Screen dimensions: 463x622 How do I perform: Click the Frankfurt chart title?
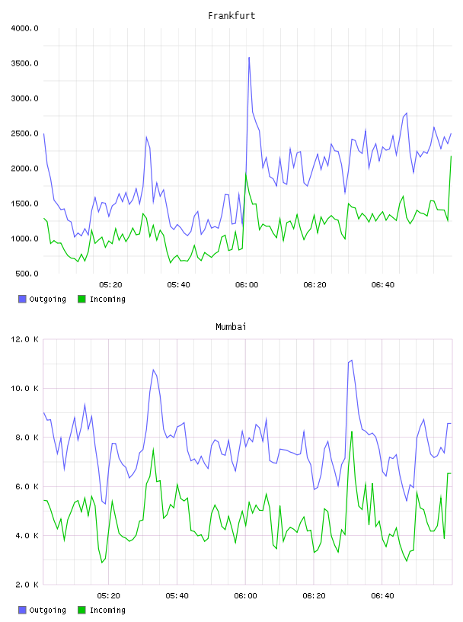point(231,15)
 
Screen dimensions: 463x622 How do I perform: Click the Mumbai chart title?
point(231,326)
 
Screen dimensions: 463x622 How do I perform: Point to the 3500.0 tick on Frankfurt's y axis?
point(24,63)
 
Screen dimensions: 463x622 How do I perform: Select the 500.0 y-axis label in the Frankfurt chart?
point(27,274)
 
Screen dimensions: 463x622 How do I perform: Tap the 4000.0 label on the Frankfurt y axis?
point(24,28)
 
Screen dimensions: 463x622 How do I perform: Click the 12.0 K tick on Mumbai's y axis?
point(24,339)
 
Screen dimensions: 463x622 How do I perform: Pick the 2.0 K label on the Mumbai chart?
point(27,585)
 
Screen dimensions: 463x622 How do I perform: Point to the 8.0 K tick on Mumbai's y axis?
point(27,437)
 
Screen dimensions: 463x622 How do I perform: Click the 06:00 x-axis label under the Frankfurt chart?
point(247,285)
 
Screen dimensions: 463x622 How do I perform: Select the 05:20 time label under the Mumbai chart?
point(109,596)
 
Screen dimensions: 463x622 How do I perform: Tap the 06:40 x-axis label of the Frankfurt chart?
point(383,285)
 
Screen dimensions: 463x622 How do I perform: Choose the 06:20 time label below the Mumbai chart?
point(314,596)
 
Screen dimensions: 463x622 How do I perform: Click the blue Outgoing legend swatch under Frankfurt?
point(22,299)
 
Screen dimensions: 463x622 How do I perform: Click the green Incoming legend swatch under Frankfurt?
point(81,299)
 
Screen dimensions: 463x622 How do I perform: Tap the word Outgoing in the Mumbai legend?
point(47,610)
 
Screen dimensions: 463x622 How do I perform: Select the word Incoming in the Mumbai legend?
point(107,610)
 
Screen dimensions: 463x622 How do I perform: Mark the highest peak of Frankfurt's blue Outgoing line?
point(249,57)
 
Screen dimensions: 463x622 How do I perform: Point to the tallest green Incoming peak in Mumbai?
point(352,431)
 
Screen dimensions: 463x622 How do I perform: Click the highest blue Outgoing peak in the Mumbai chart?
point(352,361)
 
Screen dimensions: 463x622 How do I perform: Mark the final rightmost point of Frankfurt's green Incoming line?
point(451,156)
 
